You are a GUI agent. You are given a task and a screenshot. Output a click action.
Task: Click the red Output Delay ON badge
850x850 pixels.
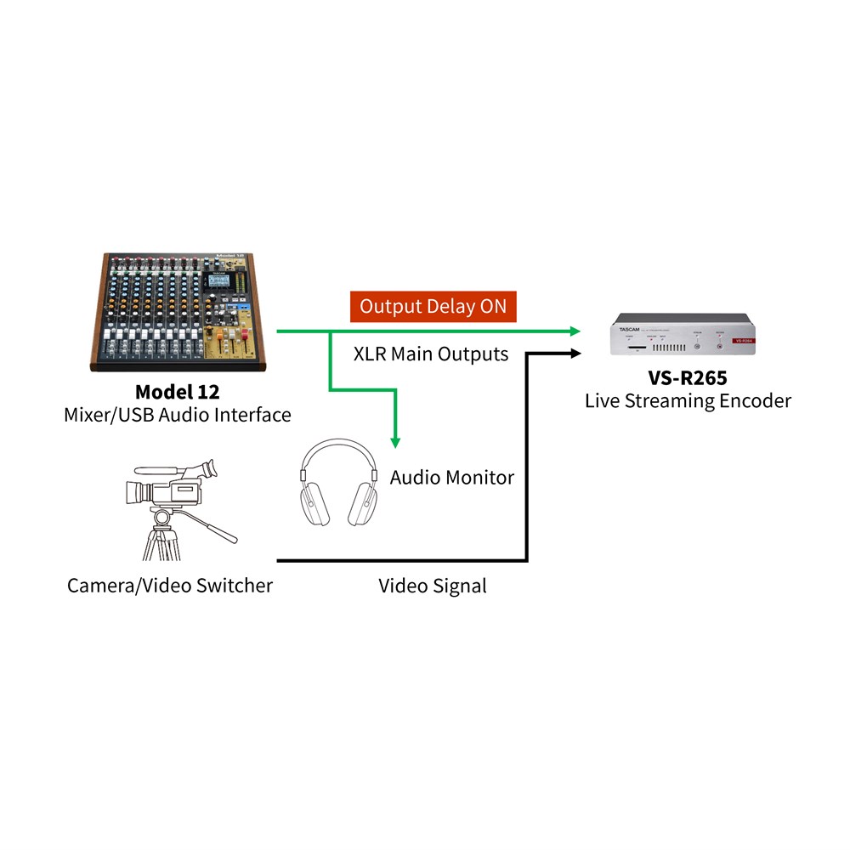click(x=433, y=307)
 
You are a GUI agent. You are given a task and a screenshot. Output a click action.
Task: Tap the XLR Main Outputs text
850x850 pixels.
click(x=431, y=354)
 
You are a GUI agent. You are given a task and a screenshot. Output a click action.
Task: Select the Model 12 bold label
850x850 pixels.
click(x=177, y=392)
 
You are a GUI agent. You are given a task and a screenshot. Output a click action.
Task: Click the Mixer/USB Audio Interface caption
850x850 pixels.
click(x=177, y=415)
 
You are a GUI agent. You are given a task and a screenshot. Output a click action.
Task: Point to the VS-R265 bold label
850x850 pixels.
click(x=688, y=377)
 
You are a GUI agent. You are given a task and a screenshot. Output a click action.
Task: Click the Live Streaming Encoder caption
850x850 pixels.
click(x=688, y=400)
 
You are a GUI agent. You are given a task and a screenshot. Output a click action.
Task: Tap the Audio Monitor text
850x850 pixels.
click(x=451, y=477)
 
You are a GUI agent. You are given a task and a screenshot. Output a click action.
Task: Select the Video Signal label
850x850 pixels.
click(x=432, y=585)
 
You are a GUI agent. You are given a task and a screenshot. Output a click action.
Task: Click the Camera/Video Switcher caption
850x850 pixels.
click(x=170, y=585)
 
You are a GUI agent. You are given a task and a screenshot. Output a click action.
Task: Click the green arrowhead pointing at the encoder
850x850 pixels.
click(x=575, y=331)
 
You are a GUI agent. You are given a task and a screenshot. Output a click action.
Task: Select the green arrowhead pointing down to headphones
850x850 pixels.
click(x=395, y=440)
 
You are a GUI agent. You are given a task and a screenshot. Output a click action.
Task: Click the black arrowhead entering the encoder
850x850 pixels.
click(x=575, y=350)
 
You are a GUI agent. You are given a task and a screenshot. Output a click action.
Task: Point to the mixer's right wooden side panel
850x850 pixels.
click(x=260, y=314)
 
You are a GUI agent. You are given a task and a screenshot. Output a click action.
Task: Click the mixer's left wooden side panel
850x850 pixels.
click(x=97, y=314)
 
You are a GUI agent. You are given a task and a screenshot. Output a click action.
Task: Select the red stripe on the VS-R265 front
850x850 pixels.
click(x=741, y=340)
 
